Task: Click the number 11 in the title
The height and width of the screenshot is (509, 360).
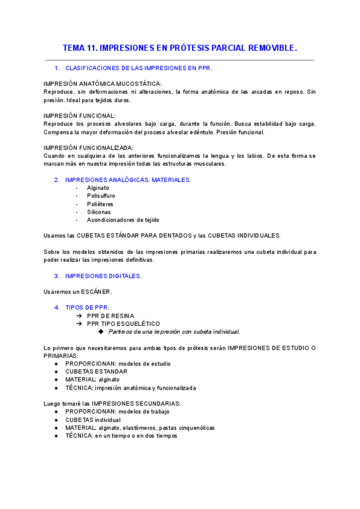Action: click(x=91, y=47)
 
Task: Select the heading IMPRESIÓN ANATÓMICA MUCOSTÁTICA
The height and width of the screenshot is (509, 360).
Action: click(x=103, y=83)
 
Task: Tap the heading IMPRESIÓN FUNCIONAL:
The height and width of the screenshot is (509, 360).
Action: click(x=80, y=115)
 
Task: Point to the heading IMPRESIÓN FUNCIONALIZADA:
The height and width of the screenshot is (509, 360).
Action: click(x=89, y=148)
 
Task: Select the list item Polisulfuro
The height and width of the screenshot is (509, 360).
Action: click(x=101, y=196)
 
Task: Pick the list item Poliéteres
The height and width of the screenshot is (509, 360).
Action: click(x=100, y=204)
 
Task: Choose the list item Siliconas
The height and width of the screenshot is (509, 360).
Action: click(x=98, y=212)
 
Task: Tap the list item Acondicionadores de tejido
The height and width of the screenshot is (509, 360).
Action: click(x=123, y=220)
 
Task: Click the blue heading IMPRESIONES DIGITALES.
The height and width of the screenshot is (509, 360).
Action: click(x=103, y=276)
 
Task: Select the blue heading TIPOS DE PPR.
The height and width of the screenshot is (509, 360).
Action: click(x=87, y=307)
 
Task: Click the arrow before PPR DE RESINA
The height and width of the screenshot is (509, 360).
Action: click(x=79, y=316)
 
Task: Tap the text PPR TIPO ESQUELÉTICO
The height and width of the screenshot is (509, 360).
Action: click(x=119, y=324)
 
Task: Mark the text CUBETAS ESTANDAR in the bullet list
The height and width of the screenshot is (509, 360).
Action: click(x=96, y=372)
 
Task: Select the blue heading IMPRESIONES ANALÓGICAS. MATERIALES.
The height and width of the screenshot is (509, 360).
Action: click(x=128, y=179)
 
